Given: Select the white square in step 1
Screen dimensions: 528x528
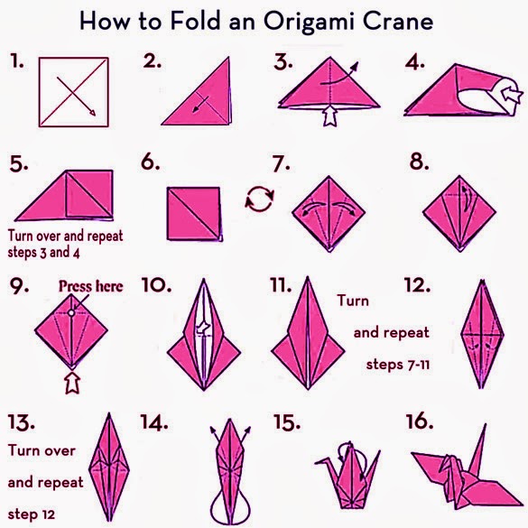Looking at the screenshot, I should coord(69,92).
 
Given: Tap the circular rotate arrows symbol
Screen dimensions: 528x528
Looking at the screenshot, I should coord(260,198).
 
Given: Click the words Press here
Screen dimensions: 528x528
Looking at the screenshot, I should coord(91,286).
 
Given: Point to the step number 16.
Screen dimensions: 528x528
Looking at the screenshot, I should coord(421,421).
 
